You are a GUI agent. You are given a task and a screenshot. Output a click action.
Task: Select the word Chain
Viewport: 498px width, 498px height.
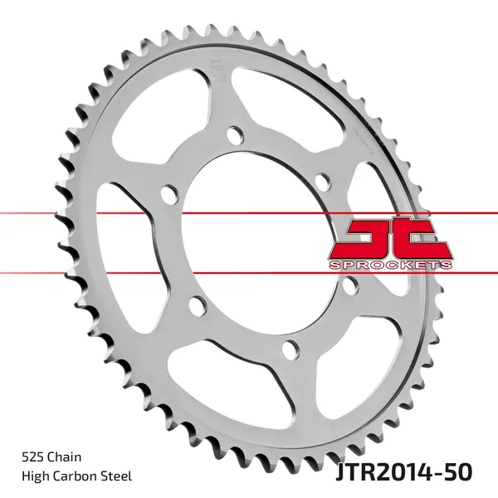[x=64, y=457]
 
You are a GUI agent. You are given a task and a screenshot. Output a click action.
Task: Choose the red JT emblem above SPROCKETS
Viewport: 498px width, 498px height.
[x=390, y=238]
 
